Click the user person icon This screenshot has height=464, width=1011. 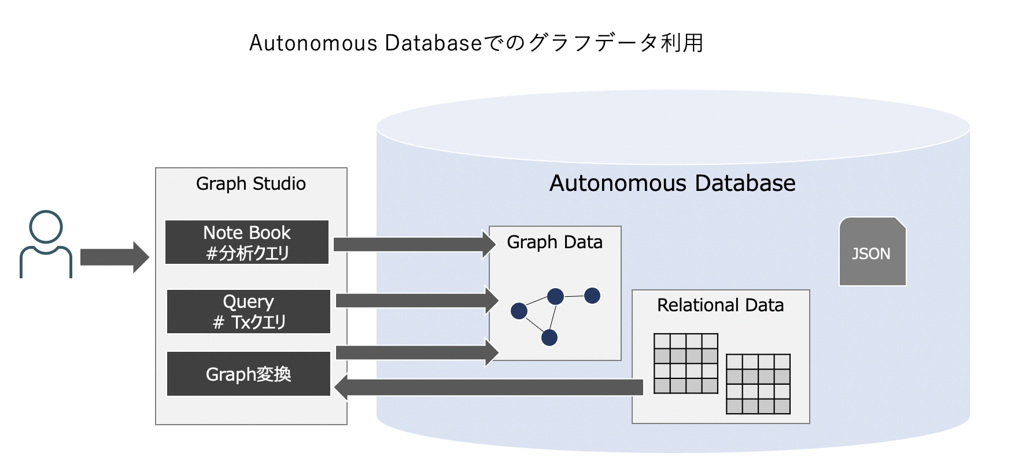tap(46, 244)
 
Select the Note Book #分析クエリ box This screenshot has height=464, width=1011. tap(247, 242)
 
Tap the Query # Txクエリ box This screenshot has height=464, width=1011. tap(249, 312)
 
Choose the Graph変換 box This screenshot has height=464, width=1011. tap(249, 374)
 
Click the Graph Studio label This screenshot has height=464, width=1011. tap(250, 184)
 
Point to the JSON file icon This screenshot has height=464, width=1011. tap(872, 252)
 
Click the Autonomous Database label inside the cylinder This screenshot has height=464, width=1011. tap(672, 183)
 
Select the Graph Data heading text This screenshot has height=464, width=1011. tap(555, 242)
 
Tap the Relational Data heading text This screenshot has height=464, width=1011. tap(720, 305)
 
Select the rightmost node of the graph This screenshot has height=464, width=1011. tap(592, 296)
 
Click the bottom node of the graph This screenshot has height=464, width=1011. tap(549, 337)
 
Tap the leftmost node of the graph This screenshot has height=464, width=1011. tap(519, 311)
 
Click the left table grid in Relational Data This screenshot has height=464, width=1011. tap(685, 363)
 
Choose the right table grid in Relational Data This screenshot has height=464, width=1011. tap(758, 384)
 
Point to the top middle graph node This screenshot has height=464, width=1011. tap(555, 296)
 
